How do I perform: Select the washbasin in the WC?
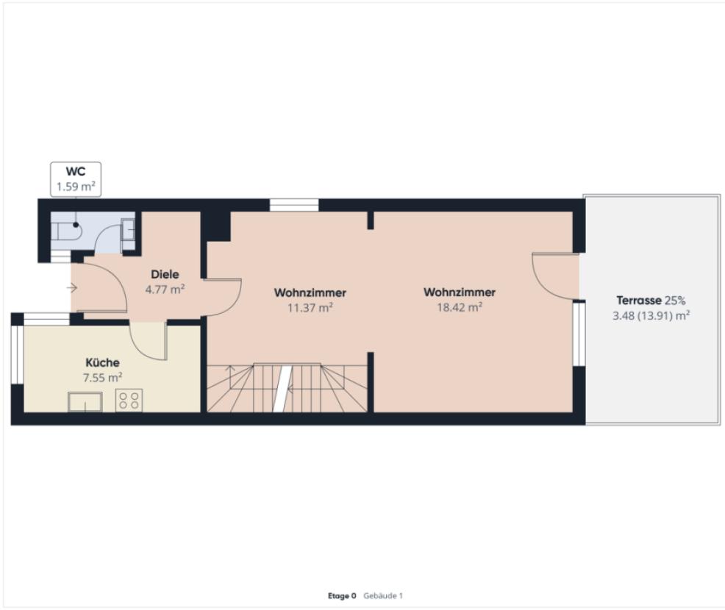point(129,229)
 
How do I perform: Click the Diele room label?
point(165,274)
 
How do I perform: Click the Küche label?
point(103,362)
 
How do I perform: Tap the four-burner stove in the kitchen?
point(129,401)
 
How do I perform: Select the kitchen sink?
point(85,402)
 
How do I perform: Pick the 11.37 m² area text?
point(310,308)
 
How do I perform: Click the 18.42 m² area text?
point(459,307)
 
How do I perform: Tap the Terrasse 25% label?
point(650,301)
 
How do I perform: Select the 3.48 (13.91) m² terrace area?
point(650,315)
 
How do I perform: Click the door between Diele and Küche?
point(147,340)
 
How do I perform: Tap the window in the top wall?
point(293,205)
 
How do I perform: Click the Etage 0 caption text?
point(342,596)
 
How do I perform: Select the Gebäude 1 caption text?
point(383,596)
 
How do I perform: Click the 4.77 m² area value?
point(165,290)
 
